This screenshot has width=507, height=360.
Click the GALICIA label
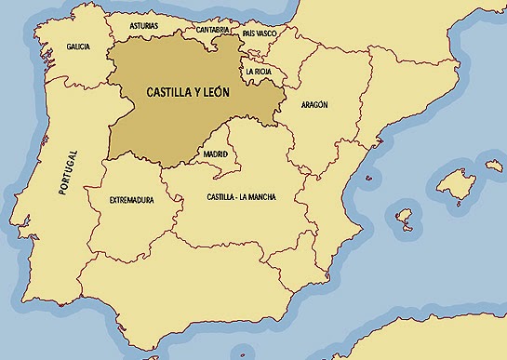point(78,47)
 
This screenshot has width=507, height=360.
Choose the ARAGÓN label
point(315,106)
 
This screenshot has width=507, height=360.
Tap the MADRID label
point(216,154)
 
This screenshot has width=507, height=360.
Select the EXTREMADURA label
point(131,200)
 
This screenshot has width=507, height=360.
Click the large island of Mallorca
point(456,180)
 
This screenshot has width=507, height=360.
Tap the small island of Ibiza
point(404,220)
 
